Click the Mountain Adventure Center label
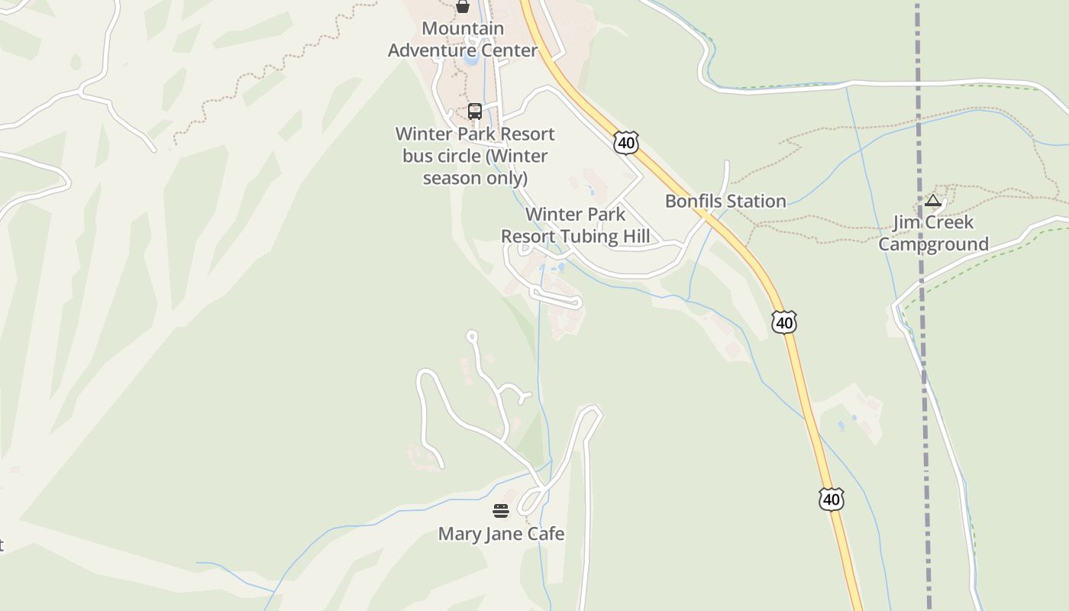[x=463, y=40]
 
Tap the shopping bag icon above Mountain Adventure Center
[x=462, y=7]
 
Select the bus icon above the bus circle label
[x=475, y=112]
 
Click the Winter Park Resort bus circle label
[x=474, y=156]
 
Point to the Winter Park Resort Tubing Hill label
[x=576, y=225]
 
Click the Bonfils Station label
[x=725, y=202]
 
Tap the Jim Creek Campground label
[x=933, y=233]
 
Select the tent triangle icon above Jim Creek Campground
[x=932, y=201]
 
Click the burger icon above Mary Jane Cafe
[x=501, y=511]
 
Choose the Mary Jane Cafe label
[x=501, y=534]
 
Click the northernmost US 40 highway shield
[x=625, y=142]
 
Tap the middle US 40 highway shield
[x=783, y=322]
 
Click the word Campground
[x=933, y=244]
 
